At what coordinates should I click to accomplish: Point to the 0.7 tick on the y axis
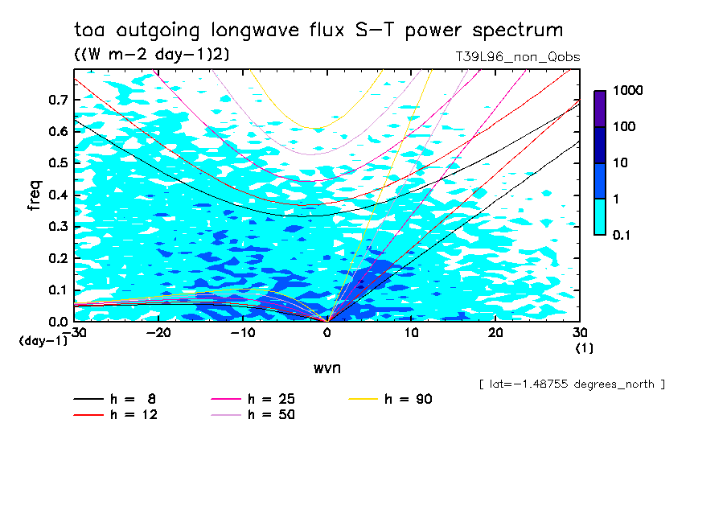tap(58, 100)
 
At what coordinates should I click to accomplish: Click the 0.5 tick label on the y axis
tap(58, 163)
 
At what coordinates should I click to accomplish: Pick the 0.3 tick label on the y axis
tap(58, 227)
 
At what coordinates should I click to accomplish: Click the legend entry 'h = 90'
tap(409, 399)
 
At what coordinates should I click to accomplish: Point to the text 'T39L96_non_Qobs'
tap(517, 57)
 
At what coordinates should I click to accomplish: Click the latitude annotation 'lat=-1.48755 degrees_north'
tap(572, 384)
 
